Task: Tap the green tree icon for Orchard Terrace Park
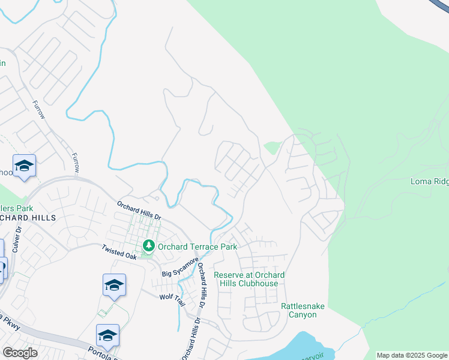click(x=148, y=246)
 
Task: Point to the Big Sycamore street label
click(x=180, y=268)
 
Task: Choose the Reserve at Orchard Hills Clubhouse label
click(x=249, y=279)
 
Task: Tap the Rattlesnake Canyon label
click(x=303, y=310)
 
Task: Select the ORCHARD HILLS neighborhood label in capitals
click(x=28, y=217)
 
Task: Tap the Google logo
click(x=20, y=352)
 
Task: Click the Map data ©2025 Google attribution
click(x=412, y=355)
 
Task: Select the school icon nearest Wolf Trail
click(x=114, y=286)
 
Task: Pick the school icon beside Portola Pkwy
click(x=107, y=335)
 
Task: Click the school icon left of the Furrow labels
click(x=24, y=166)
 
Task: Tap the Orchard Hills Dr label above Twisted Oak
click(x=139, y=211)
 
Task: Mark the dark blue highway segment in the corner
click(x=442, y=6)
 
